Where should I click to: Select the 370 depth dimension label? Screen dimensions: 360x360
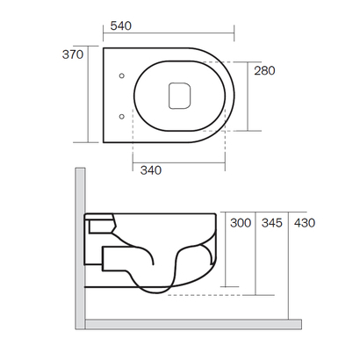pos(71,54)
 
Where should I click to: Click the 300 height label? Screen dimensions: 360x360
pos(241,224)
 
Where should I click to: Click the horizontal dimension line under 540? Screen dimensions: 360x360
pos(167,35)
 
